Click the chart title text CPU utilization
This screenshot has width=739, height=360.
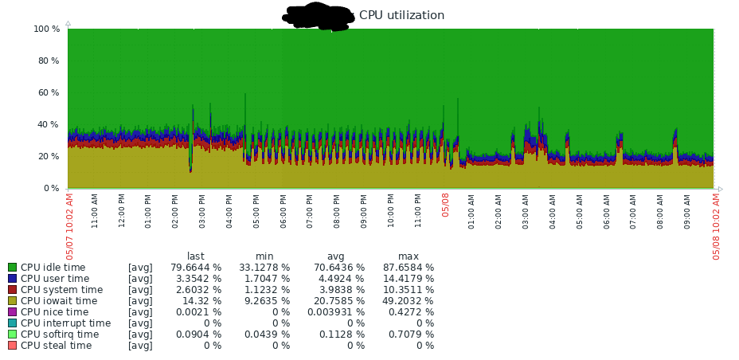tap(401, 15)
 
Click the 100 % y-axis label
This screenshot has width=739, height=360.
tap(47, 29)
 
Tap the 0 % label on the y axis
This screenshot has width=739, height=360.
tap(52, 188)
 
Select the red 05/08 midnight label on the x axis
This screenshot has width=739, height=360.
tap(446, 205)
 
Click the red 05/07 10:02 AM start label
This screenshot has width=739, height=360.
tap(70, 225)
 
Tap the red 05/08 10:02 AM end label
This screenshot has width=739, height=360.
tap(717, 225)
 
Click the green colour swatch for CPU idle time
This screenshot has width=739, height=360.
tap(12, 268)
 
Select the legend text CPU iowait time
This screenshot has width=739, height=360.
tap(59, 301)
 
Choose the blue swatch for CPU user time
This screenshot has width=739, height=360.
tap(12, 279)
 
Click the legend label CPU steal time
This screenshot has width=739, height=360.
tap(56, 346)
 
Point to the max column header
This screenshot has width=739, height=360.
tap(409, 256)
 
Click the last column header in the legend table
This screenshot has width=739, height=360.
tap(196, 256)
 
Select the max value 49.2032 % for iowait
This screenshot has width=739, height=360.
tap(408, 301)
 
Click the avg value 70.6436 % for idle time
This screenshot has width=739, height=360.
tap(336, 268)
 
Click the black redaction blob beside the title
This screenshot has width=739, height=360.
tap(318, 16)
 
